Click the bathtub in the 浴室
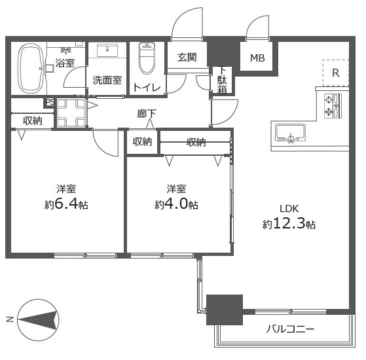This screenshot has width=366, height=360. [30, 68]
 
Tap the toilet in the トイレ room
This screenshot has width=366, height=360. [147, 58]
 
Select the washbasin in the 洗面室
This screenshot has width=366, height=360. [107, 50]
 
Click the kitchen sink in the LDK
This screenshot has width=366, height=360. [290, 133]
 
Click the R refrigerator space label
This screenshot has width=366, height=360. [336, 73]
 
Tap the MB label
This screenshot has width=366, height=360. [257, 58]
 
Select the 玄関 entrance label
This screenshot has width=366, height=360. [187, 57]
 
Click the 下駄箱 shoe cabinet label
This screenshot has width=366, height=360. [222, 81]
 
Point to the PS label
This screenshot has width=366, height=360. [50, 102]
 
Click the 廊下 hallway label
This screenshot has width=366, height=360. [147, 114]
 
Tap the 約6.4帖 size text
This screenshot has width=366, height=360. [66, 204]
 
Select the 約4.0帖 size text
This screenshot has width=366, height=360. [177, 204]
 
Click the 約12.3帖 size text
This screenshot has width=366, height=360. [289, 224]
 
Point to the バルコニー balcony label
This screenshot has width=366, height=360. [290, 329]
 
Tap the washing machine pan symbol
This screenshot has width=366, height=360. [71, 113]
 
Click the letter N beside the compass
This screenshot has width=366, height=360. [10, 319]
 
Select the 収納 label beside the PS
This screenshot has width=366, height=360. [33, 120]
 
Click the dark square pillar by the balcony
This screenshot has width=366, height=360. [225, 310]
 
